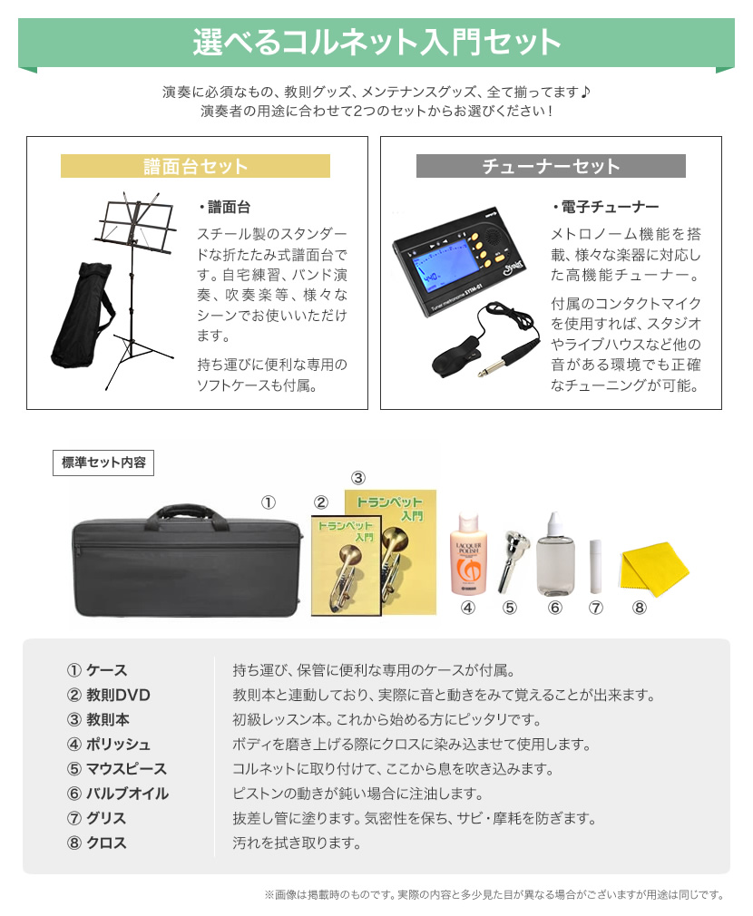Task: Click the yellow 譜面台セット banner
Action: tap(195, 166)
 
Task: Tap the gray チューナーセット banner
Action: tap(551, 166)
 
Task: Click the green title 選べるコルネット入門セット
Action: tap(376, 42)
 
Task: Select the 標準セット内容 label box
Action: tap(103, 463)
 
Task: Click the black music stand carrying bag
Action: tap(82, 316)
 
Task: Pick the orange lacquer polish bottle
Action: tap(468, 555)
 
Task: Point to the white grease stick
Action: tap(595, 567)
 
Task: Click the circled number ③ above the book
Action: tap(357, 479)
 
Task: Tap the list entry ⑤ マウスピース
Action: tap(117, 769)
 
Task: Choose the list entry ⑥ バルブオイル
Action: tap(117, 794)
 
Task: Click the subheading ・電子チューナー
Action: tap(605, 207)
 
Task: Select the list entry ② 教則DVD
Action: tap(109, 696)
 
